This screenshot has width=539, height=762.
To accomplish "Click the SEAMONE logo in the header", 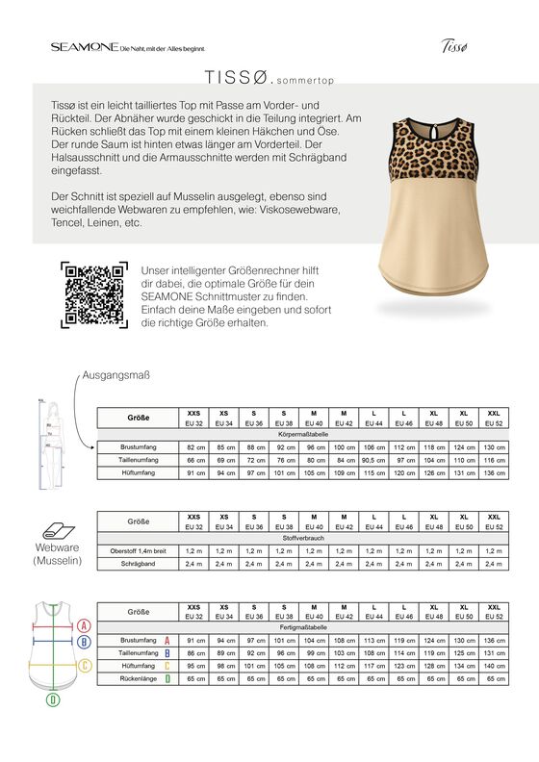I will coord(84,46).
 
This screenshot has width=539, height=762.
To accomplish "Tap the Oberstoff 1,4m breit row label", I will coord(139,550).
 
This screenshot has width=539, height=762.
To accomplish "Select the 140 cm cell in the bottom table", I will coord(494,666).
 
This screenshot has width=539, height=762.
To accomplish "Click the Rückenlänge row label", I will coord(139,678).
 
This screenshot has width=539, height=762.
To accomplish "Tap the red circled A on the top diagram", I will coord(83,624).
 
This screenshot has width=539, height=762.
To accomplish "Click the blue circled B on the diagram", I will coord(84,640).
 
